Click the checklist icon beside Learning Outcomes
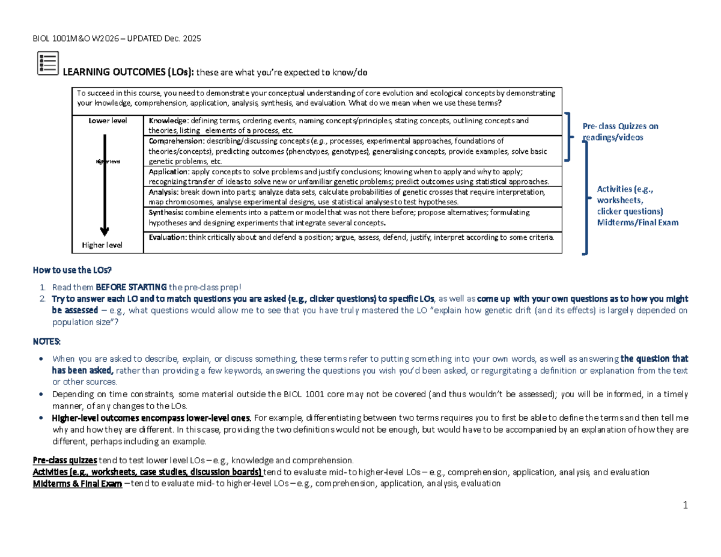click(x=48, y=64)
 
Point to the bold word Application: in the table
click(x=169, y=171)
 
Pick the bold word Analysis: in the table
click(x=165, y=192)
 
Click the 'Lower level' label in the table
click(x=108, y=121)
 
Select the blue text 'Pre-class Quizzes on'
click(x=621, y=126)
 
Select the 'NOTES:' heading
click(x=47, y=341)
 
